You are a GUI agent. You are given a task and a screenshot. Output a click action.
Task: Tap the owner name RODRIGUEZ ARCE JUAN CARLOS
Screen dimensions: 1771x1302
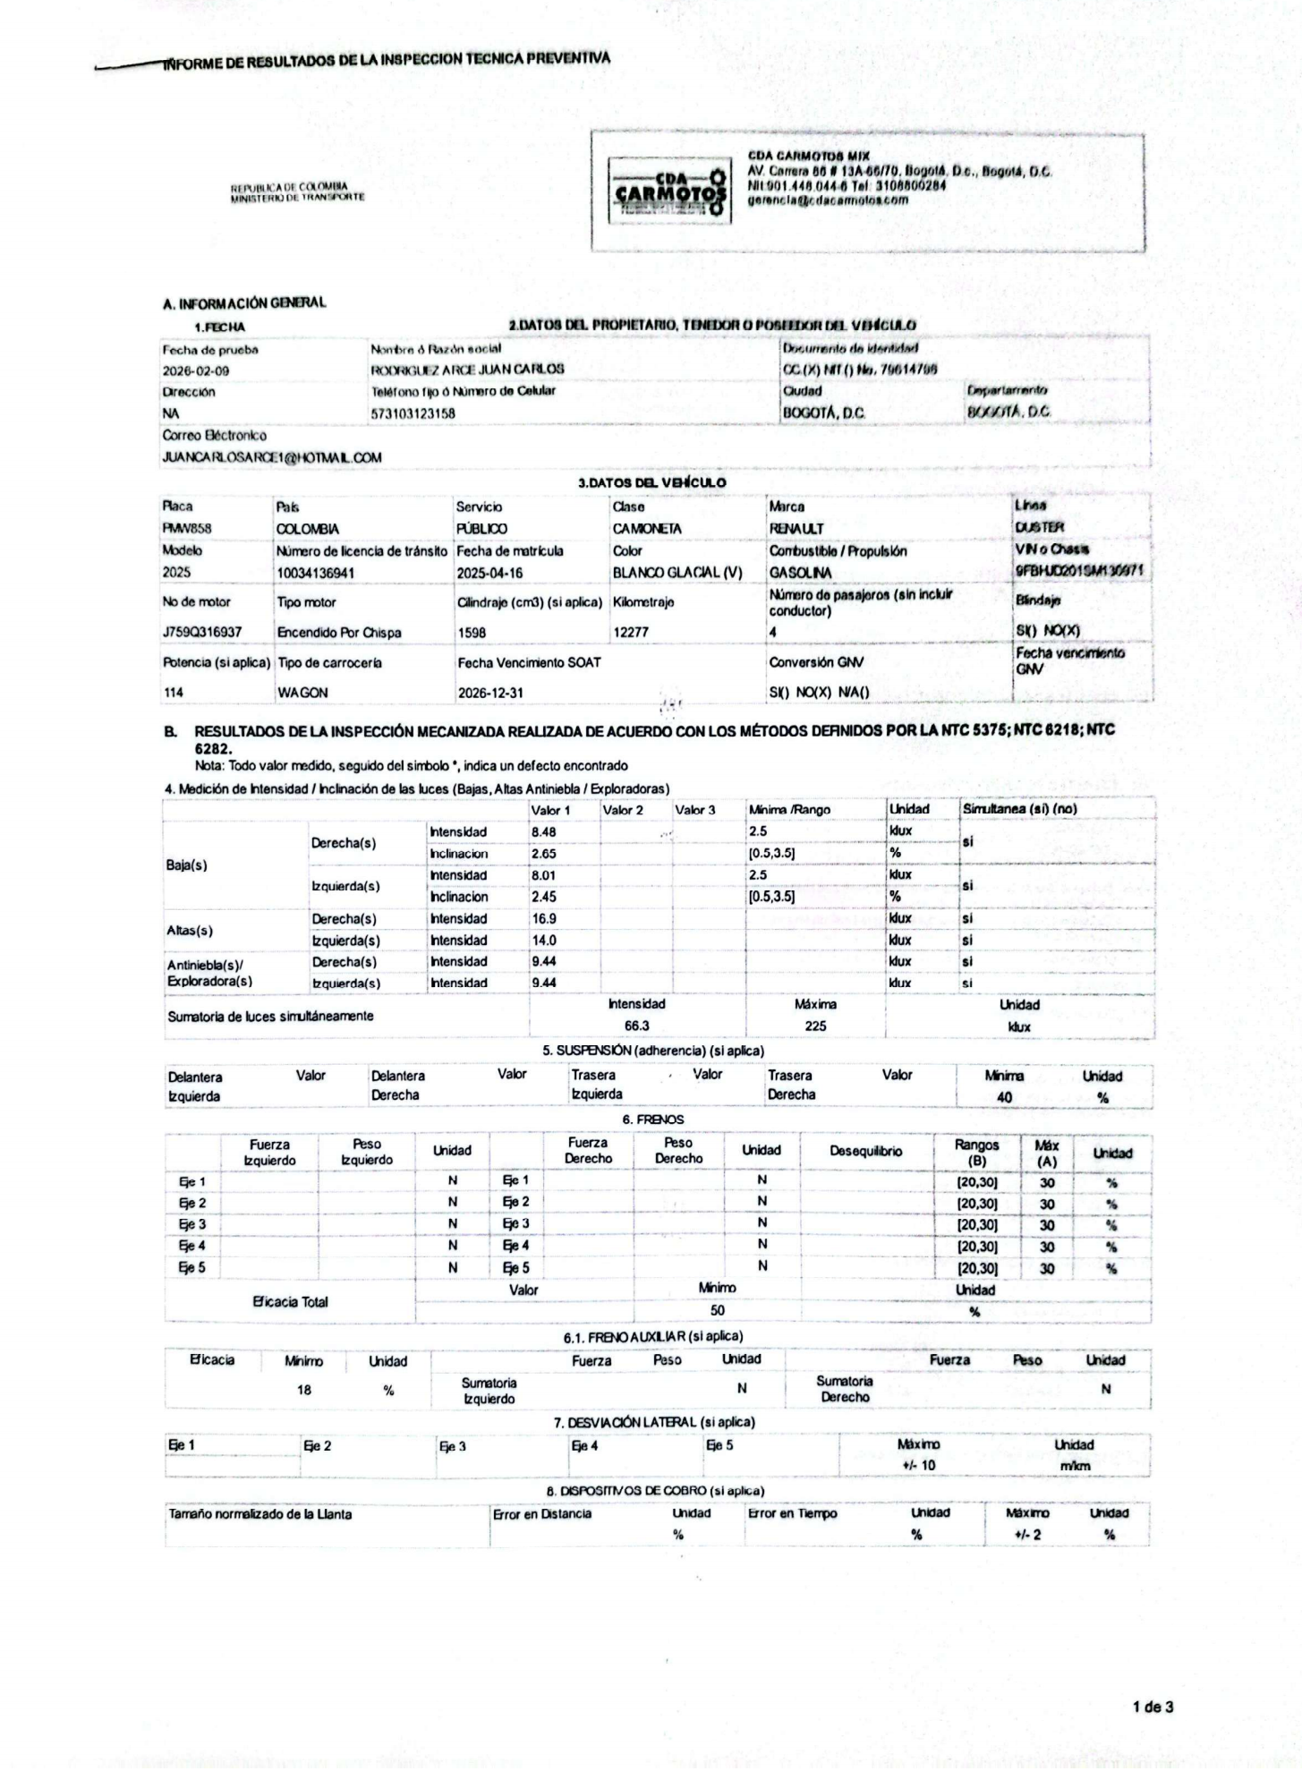click(x=467, y=370)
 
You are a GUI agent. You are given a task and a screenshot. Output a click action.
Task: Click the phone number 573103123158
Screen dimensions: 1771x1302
click(x=413, y=413)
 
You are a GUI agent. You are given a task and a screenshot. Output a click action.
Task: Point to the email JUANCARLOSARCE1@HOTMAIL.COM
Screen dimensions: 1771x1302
click(x=272, y=457)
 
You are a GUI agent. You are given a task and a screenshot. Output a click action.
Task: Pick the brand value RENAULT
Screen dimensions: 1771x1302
click(x=796, y=529)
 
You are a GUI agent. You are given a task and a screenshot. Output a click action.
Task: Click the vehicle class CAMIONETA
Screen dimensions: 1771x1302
click(x=646, y=529)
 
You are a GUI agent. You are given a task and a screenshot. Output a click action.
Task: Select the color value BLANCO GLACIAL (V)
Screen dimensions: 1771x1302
click(x=677, y=573)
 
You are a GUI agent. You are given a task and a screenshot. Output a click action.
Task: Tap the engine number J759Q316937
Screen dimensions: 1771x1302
click(x=202, y=633)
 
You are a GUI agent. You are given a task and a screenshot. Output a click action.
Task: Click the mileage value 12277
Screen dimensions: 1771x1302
click(x=630, y=633)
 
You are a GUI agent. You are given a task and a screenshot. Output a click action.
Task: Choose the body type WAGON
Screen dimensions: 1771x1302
click(x=302, y=693)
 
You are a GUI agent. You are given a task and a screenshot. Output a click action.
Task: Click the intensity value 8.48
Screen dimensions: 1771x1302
click(x=544, y=831)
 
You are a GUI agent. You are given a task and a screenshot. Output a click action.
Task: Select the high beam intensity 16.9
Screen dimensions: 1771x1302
click(x=543, y=918)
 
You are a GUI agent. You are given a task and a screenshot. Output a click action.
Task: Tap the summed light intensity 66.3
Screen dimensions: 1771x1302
click(x=636, y=1026)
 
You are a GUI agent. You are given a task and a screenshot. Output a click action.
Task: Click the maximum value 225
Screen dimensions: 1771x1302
click(x=815, y=1026)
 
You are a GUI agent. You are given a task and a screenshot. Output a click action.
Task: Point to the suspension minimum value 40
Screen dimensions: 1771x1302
click(x=1004, y=1097)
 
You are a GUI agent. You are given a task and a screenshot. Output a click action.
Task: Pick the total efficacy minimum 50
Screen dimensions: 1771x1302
click(x=717, y=1311)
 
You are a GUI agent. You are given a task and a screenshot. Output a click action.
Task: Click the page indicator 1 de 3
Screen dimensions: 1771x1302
click(x=1153, y=1707)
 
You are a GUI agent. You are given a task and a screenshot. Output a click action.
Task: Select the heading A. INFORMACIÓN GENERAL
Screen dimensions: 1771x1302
click(x=244, y=303)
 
